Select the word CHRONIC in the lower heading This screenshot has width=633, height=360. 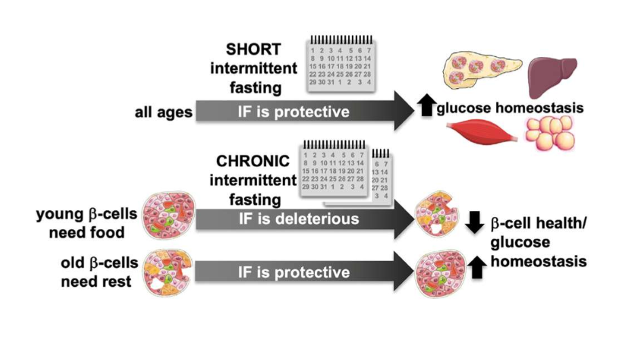pyautogui.click(x=253, y=162)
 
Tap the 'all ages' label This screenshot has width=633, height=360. pyautogui.click(x=161, y=111)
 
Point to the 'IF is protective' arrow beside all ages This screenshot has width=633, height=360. pyautogui.click(x=293, y=111)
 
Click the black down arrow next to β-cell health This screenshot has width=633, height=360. pyautogui.click(x=475, y=220)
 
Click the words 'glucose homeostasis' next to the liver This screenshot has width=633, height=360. pyautogui.click(x=510, y=108)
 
